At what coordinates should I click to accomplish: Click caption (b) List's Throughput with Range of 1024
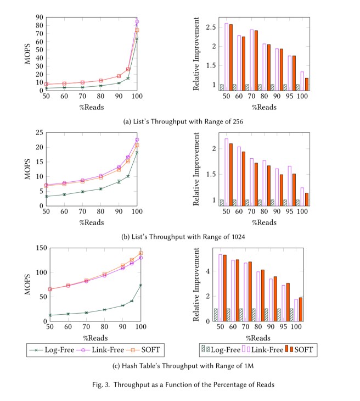pyautogui.click(x=179, y=237)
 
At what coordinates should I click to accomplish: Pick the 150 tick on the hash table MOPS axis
pyautogui.click(x=38, y=248)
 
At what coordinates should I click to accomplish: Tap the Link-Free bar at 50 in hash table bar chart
pyautogui.click(x=221, y=287)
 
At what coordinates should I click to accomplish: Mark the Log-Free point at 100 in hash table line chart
pyautogui.click(x=140, y=285)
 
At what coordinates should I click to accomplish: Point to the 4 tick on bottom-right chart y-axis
pyautogui.click(x=208, y=271)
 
